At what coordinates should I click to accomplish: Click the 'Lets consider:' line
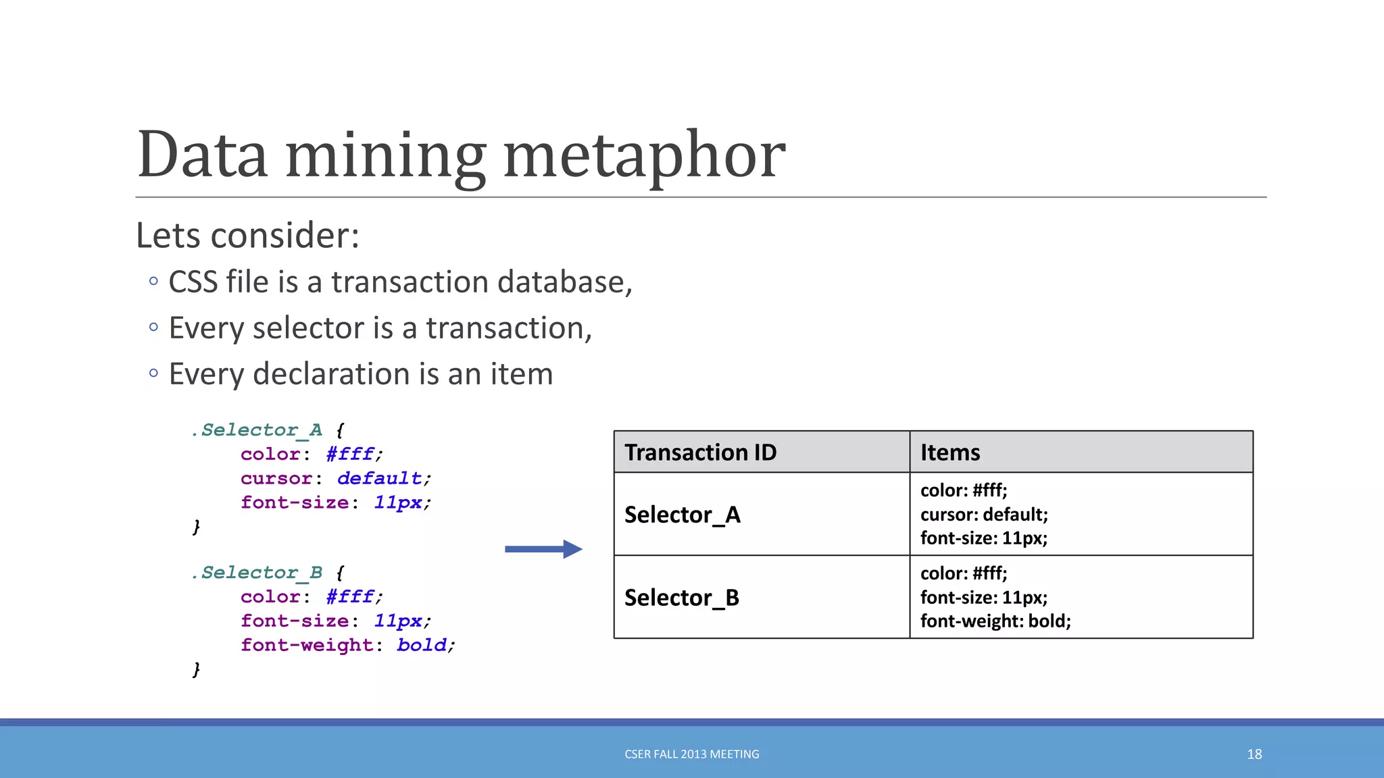[247, 236]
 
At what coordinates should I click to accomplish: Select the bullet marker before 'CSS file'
[153, 281]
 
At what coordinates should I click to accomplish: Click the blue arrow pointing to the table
[543, 549]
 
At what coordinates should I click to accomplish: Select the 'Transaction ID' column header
[700, 452]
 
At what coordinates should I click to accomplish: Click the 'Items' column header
[949, 452]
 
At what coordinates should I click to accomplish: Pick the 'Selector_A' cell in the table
[682, 515]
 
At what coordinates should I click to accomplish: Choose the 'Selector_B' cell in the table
[681, 598]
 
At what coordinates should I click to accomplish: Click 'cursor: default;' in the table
[983, 515]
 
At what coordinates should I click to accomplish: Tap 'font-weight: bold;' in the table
[995, 621]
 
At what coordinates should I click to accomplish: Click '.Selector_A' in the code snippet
[257, 430]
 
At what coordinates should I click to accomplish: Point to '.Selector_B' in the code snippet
[257, 573]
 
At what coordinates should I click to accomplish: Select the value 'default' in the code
[379, 478]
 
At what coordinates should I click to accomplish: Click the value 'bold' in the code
[421, 645]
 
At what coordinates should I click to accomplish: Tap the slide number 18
[1254, 754]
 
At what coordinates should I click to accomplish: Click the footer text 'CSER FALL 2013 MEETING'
[691, 754]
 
